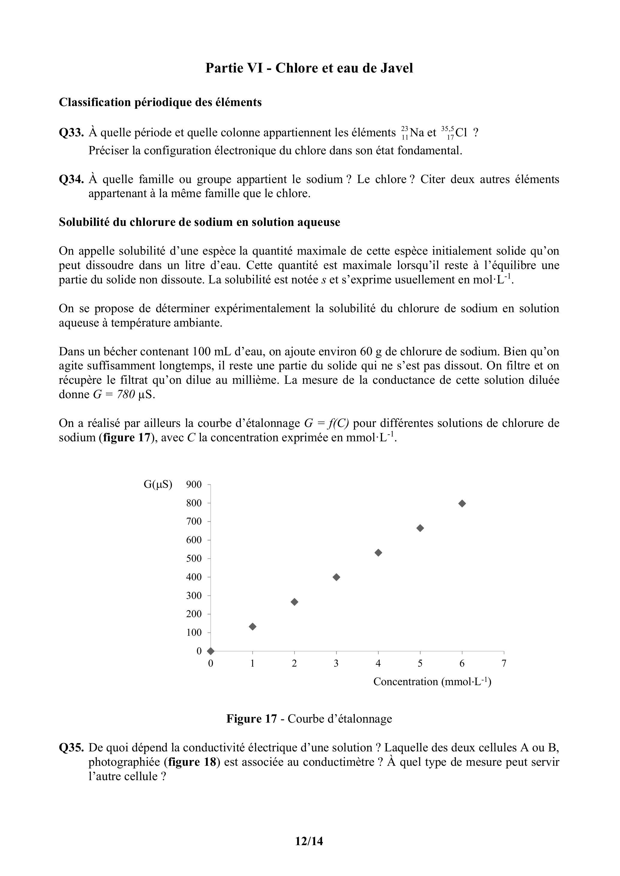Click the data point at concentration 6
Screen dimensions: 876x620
pyautogui.click(x=462, y=504)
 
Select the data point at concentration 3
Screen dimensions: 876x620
pyautogui.click(x=336, y=577)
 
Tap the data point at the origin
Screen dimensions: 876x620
pyautogui.click(x=211, y=651)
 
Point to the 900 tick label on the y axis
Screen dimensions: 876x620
pyautogui.click(x=194, y=484)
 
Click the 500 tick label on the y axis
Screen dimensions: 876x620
pyautogui.click(x=194, y=558)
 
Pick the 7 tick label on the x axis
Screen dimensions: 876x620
pyautogui.click(x=504, y=664)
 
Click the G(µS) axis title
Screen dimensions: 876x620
pyautogui.click(x=158, y=484)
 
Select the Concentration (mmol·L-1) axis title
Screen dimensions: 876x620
pyautogui.click(x=432, y=682)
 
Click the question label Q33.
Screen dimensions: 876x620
pyautogui.click(x=71, y=133)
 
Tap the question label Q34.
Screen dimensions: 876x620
pyautogui.click(x=71, y=179)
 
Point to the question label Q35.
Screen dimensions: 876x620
pyautogui.click(x=71, y=748)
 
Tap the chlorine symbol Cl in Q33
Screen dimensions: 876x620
pyautogui.click(x=461, y=133)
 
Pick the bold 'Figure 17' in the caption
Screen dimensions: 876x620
pyautogui.click(x=251, y=718)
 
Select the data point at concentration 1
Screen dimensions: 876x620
pyautogui.click(x=253, y=626)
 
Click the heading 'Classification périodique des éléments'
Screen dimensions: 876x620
pyautogui.click(x=160, y=102)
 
